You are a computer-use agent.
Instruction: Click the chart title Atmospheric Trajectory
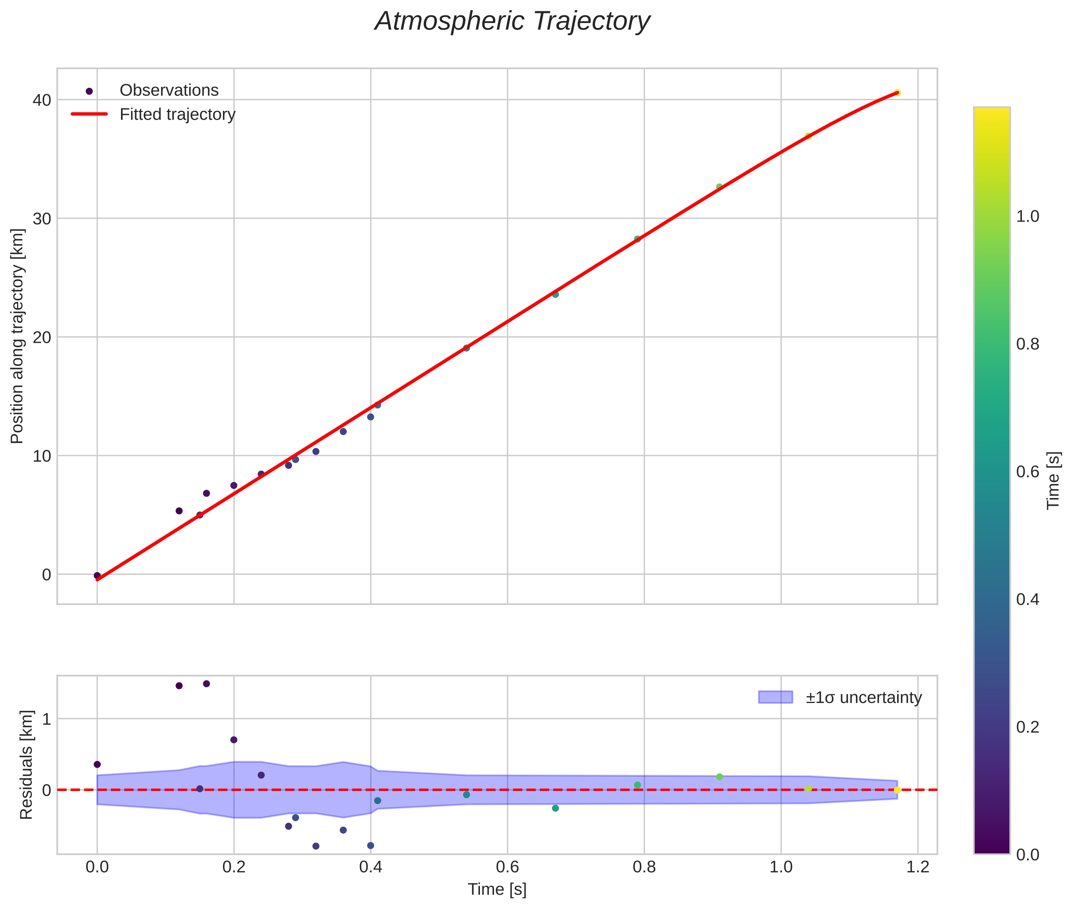[x=512, y=21]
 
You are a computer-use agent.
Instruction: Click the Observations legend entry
[x=169, y=91]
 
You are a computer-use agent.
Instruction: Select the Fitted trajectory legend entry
[x=177, y=114]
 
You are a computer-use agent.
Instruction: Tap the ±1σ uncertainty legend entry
[x=863, y=697]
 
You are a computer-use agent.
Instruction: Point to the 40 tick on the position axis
[x=42, y=100]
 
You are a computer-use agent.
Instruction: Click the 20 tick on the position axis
[x=42, y=337]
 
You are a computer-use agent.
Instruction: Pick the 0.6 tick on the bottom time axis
[x=507, y=867]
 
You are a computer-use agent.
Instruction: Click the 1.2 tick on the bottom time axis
[x=917, y=867]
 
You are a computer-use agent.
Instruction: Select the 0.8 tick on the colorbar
[x=1028, y=344]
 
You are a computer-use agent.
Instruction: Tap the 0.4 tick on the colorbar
[x=1028, y=599]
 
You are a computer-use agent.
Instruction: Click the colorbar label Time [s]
[x=1053, y=480]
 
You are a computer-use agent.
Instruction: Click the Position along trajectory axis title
[x=17, y=336]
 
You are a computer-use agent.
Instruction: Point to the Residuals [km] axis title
[x=26, y=764]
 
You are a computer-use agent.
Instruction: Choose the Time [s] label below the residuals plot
[x=497, y=889]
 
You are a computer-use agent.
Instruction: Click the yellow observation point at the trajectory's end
[x=897, y=93]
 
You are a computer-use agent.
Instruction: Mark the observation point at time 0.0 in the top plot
[x=97, y=575]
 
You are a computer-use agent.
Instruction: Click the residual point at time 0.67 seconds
[x=555, y=808]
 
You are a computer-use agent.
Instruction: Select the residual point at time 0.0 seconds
[x=97, y=764]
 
